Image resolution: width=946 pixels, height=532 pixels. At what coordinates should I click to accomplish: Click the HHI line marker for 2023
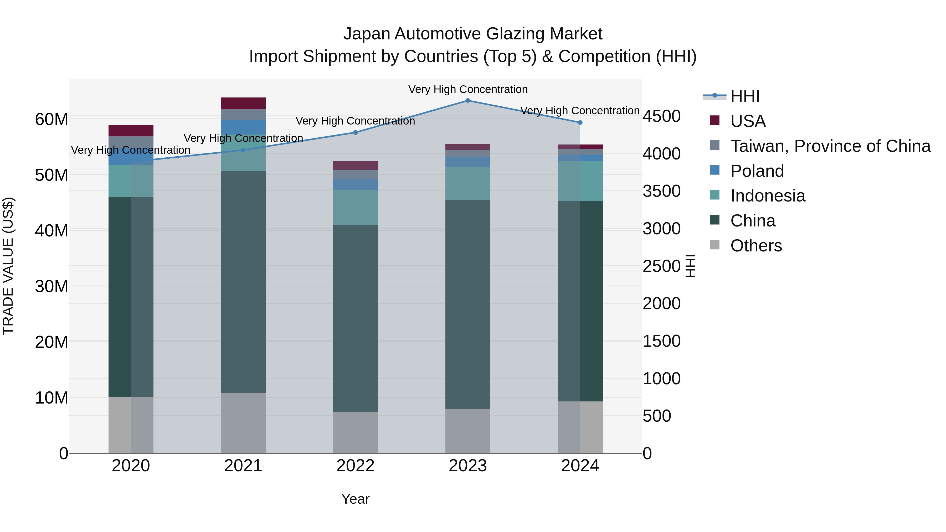coord(467,101)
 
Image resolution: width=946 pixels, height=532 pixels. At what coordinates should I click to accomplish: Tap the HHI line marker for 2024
coord(580,123)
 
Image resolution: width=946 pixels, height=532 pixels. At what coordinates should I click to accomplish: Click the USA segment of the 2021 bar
coord(243,104)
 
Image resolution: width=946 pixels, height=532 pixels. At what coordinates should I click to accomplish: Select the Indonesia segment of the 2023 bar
coord(467,184)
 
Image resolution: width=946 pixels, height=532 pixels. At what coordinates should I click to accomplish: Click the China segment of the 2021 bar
coord(243,282)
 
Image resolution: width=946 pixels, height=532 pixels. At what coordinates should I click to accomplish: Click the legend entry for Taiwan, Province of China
coord(830,146)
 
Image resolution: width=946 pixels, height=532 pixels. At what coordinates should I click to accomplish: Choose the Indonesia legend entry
coord(768,196)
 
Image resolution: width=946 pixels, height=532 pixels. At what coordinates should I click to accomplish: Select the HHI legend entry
coord(745,96)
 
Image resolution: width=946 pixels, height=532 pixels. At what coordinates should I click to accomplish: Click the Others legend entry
coord(756,246)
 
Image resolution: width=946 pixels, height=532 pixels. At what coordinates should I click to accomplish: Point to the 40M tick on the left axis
coord(52,231)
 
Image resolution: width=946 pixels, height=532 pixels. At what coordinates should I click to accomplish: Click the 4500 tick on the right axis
coord(661,116)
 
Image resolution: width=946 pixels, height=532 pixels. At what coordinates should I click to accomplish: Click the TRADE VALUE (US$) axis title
coord(8,266)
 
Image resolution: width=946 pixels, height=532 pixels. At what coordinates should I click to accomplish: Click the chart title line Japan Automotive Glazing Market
coord(473,34)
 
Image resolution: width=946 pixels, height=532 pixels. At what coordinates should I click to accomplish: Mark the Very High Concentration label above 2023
coord(467,89)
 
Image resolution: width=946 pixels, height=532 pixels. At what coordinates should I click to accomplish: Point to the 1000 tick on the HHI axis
coord(661,379)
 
